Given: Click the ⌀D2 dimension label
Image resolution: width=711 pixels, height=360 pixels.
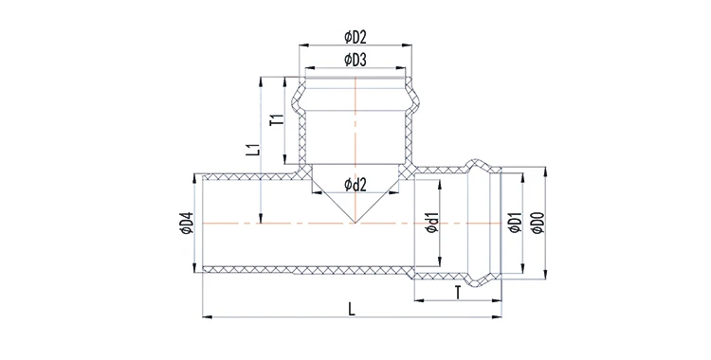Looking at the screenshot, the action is coord(355,38).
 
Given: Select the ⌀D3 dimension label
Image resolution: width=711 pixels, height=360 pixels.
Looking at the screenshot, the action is coord(355,60).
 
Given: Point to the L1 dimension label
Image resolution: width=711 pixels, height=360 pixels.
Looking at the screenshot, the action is coord(255,149).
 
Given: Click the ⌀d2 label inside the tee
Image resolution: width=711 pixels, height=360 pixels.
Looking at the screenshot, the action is coord(355,184).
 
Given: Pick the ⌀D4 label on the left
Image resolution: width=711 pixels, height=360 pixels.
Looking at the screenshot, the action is coord(187,223).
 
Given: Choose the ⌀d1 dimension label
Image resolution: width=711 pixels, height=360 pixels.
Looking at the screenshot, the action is coord(431,223).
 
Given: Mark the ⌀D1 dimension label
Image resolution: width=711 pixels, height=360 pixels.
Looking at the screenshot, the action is coord(515,223).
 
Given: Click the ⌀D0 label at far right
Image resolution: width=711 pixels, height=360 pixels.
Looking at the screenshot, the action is coord(538,223).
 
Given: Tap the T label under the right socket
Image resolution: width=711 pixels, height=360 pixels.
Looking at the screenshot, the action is coord(458,294).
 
